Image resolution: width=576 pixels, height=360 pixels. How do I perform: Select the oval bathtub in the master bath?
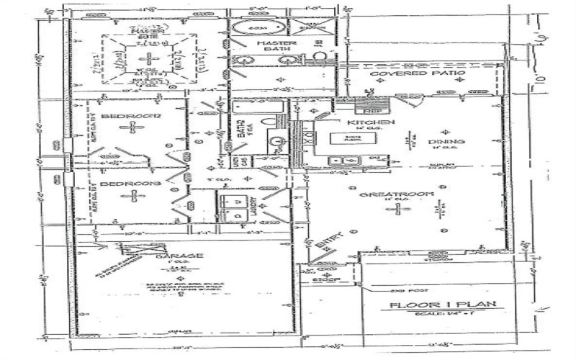click(x=252, y=30)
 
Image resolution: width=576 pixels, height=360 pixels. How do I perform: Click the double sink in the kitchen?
click(x=337, y=160)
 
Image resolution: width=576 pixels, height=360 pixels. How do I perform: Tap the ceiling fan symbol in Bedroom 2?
click(x=132, y=127)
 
